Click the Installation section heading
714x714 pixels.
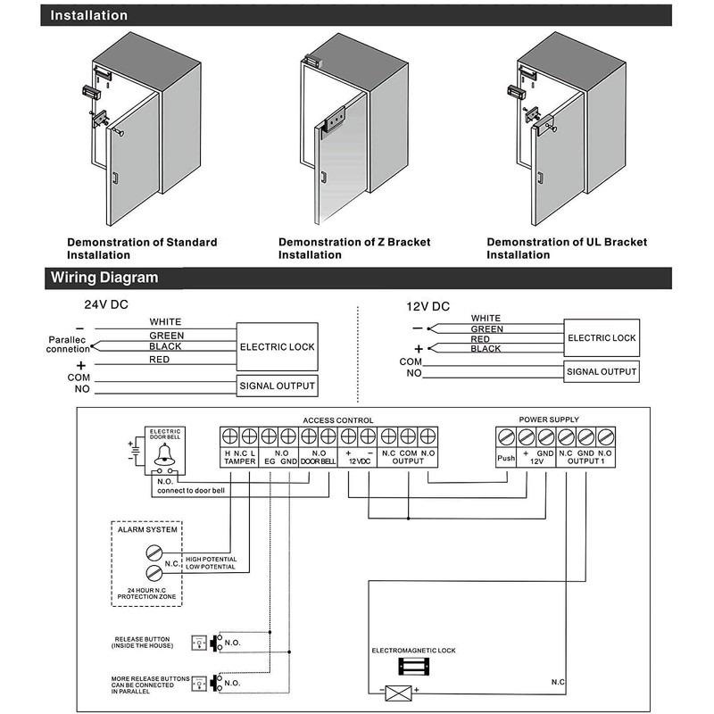pyautogui.click(x=88, y=15)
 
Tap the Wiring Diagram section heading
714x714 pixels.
pyautogui.click(x=104, y=278)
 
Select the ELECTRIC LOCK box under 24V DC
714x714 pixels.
pyautogui.click(x=277, y=345)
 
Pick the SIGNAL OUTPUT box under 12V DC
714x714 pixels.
pyautogui.click(x=602, y=371)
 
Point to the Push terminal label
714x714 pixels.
pyautogui.click(x=505, y=460)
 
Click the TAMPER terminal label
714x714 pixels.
pyautogui.click(x=239, y=461)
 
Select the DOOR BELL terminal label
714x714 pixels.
pyautogui.click(x=318, y=461)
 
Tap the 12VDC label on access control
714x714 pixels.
pyautogui.click(x=358, y=461)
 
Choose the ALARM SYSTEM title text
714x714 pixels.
pyautogui.click(x=147, y=529)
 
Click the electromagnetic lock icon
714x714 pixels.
pyautogui.click(x=413, y=667)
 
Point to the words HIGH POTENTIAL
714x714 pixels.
pyautogui.click(x=211, y=559)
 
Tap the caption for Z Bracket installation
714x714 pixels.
pyautogui.click(x=354, y=248)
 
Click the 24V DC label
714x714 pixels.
pyautogui.click(x=106, y=303)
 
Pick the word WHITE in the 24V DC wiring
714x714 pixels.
pyautogui.click(x=166, y=321)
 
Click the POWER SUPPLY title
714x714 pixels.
pyautogui.click(x=549, y=419)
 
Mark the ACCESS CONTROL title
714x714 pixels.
pyautogui.click(x=338, y=419)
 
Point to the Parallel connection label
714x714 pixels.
pyautogui.click(x=68, y=345)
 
